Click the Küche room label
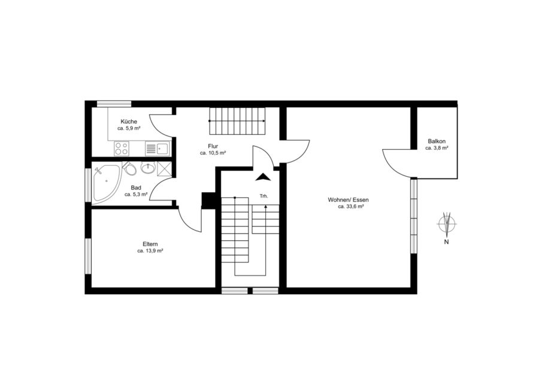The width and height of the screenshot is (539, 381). point(129,122)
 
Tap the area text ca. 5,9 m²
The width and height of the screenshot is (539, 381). point(129,128)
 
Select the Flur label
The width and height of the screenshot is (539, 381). point(213,146)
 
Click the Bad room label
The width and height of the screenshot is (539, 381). point(136,188)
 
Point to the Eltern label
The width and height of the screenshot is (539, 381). point(150,244)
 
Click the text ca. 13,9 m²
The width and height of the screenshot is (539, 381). point(150,251)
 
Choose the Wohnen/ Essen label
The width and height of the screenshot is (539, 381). point(348,199)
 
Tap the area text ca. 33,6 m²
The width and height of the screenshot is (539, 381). point(351,207)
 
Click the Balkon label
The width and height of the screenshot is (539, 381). point(437,141)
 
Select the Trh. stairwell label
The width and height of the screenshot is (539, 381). point(264,196)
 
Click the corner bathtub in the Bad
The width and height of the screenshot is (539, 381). point(107,183)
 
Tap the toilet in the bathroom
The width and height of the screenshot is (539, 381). point(129,168)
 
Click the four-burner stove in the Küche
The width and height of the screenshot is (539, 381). point(122,149)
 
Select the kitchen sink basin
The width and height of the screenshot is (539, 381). point(162,149)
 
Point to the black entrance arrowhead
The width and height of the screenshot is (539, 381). point(264,177)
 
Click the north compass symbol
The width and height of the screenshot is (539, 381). point(447,223)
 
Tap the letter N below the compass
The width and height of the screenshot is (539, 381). point(447,242)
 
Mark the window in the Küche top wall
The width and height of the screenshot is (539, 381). point(114,104)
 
